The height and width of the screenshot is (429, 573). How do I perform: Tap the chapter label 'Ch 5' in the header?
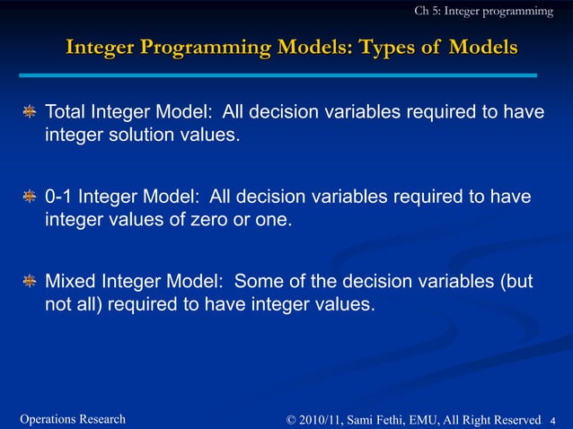[427, 11]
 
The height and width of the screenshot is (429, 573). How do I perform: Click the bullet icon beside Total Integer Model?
[31, 113]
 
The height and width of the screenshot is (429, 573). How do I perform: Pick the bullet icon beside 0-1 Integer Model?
[31, 197]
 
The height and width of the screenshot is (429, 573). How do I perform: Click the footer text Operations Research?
[73, 419]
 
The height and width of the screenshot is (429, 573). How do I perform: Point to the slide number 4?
[553, 420]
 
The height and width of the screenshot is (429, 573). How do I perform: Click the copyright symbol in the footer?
[291, 419]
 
